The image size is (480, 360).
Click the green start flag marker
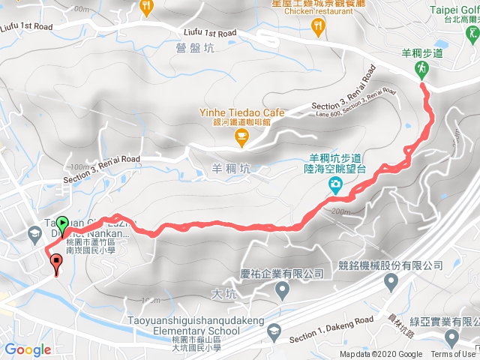coord(62,223)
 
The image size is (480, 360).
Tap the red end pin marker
coord(56,262)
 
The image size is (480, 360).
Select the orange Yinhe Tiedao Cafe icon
coord(241,135)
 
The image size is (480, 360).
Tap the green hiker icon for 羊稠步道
coord(421,70)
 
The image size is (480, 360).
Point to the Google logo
coord(28,349)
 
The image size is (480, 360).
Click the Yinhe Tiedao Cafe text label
coord(233,112)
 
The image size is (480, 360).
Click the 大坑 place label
coord(224,294)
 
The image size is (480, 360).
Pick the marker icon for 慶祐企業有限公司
coord(283,289)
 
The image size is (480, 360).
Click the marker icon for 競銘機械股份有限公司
coord(391,283)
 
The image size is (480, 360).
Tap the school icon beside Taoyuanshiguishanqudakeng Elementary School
coord(274,331)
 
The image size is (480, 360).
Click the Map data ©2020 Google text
coord(381,355)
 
